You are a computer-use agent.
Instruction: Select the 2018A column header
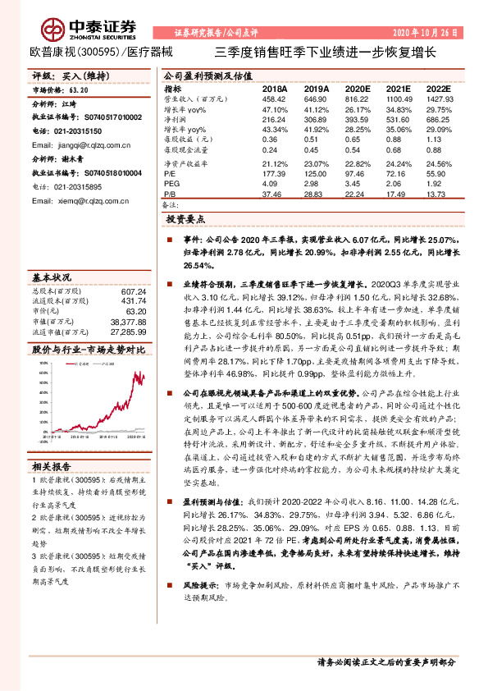[x=274, y=88]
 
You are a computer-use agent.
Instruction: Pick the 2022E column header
[x=438, y=88]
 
